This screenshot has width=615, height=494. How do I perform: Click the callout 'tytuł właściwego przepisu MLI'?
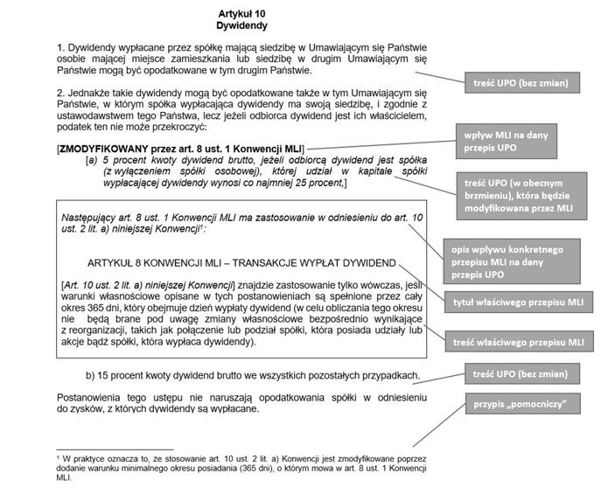523,303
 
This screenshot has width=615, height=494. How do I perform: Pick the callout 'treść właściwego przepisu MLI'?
523,341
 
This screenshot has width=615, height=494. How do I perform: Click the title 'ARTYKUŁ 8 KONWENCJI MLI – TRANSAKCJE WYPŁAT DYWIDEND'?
241,262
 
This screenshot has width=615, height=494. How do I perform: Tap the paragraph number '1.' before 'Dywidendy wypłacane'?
61,45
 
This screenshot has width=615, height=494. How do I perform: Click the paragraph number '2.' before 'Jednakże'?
61,92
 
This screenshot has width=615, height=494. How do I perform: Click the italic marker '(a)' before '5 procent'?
90,162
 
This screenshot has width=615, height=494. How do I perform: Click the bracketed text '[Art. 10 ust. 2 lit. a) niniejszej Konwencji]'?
147,285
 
